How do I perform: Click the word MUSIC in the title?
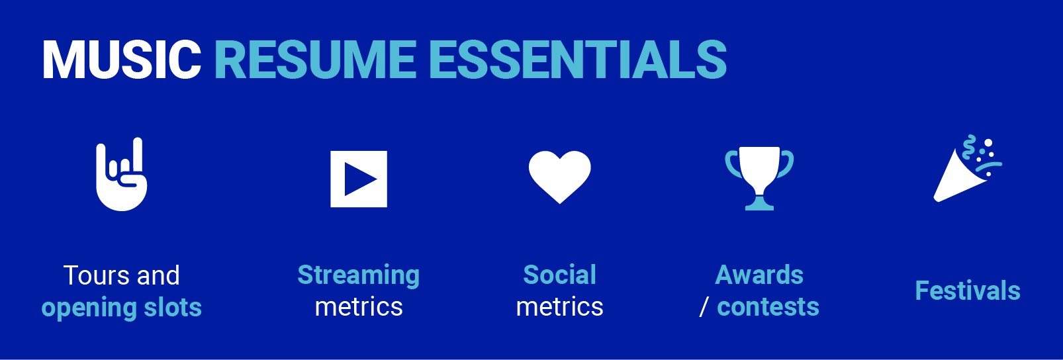[x=122, y=60]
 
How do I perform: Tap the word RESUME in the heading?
[x=315, y=60]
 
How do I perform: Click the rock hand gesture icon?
[x=121, y=176]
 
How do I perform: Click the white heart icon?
[x=559, y=176]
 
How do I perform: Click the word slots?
[x=173, y=308]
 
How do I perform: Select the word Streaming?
[x=358, y=275]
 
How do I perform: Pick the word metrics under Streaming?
[x=358, y=307]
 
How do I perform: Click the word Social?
[x=559, y=275]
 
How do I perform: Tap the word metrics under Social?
[x=559, y=307]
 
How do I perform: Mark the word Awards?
[x=759, y=275]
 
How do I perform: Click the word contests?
[x=768, y=307]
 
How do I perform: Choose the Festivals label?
[x=967, y=291]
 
